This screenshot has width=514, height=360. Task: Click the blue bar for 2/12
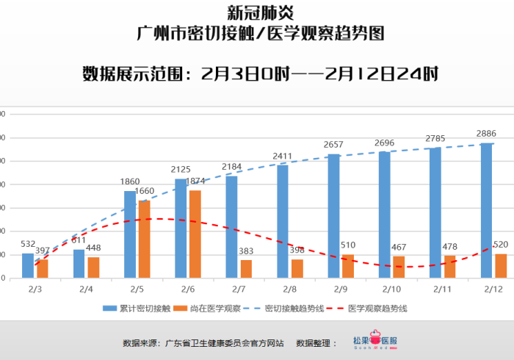point(486,211)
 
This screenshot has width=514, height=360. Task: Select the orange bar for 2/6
point(195,234)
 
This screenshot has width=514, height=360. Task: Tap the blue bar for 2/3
point(28,266)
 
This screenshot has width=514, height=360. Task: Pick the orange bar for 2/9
point(348,267)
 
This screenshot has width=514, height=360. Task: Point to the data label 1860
point(130,181)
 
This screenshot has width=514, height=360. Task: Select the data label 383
point(246,251)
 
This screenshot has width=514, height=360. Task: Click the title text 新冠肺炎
point(256,13)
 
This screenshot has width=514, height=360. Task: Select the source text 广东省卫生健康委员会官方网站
point(224,342)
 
